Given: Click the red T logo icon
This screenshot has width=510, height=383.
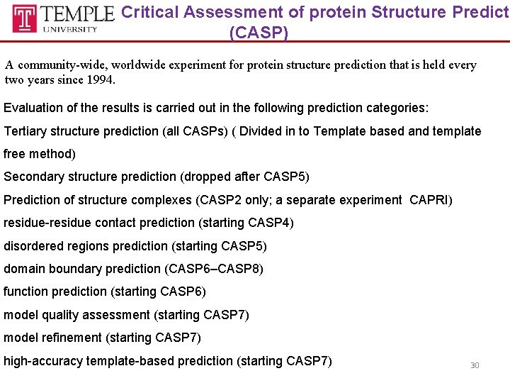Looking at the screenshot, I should pos(25,18).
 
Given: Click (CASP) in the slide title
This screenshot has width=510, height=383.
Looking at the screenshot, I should pos(259,33).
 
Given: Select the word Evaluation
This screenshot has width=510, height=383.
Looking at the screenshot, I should pos(32,109).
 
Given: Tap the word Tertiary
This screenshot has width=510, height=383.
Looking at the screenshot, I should pos(28,131).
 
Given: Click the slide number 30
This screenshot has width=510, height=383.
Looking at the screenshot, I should pos(475,365).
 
